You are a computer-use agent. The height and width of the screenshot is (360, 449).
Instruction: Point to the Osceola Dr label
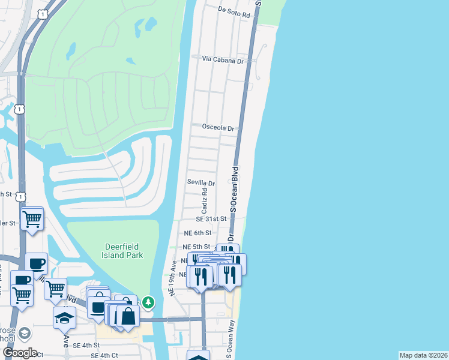coord(217,128)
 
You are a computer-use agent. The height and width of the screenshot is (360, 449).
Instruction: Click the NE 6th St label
coord(197,233)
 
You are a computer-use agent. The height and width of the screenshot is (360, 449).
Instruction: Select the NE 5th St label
coord(197,247)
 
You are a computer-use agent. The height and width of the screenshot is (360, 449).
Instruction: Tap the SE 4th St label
coord(85,345)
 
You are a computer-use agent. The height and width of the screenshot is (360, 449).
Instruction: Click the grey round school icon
coord(25,333)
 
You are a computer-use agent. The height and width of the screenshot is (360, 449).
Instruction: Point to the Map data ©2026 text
coord(423,355)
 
